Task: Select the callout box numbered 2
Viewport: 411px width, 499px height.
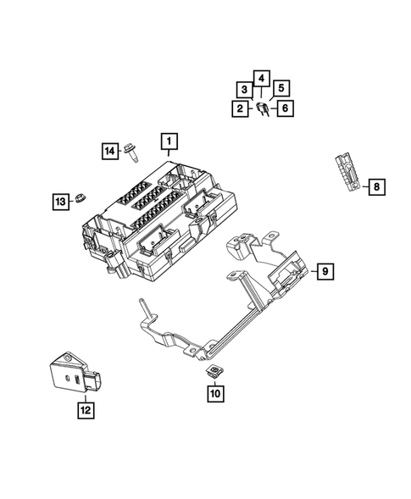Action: (x=241, y=108)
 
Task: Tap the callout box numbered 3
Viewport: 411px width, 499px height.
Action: (x=244, y=90)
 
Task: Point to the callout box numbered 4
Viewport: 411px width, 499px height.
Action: (x=262, y=80)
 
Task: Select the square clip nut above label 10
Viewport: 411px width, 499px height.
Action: (x=215, y=371)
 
